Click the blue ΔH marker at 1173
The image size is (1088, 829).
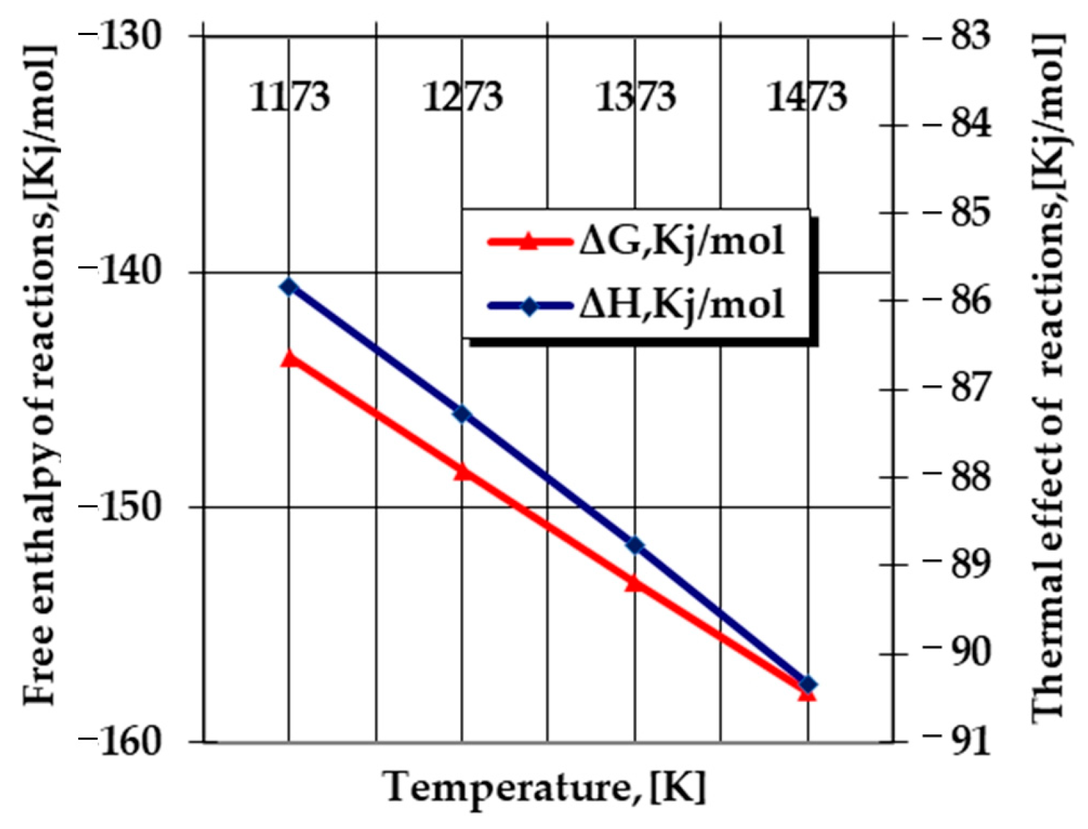[x=289, y=287]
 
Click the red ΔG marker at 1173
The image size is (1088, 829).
[x=289, y=358]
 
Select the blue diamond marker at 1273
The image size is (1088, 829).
[x=462, y=413]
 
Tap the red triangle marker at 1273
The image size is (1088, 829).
[x=462, y=472]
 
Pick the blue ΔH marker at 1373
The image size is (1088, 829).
[x=635, y=545]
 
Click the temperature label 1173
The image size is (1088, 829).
[x=289, y=97]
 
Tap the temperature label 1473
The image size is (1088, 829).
[x=807, y=97]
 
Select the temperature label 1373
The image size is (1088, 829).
[x=635, y=97]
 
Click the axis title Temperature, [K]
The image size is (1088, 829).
[x=545, y=787]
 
